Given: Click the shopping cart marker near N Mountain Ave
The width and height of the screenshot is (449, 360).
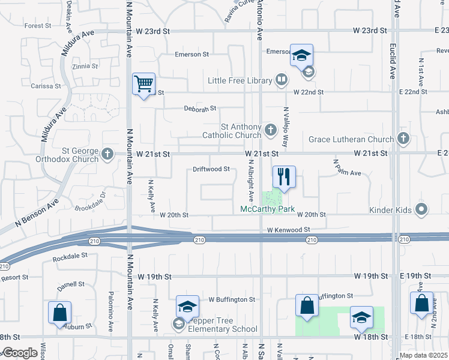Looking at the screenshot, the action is tap(143, 85).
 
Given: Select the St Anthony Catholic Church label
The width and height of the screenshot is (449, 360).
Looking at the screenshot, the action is tap(241, 131).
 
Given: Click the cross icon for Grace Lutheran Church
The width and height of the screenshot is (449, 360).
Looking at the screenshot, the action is tap(403, 139).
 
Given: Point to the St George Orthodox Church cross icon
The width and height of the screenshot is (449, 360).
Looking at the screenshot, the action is tap(107, 154).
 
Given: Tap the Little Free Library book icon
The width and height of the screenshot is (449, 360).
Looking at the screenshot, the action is tap(281, 80).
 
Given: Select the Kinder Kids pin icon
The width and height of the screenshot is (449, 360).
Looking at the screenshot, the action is tap(421, 209).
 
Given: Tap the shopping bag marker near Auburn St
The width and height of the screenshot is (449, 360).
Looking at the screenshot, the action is tap(60, 313).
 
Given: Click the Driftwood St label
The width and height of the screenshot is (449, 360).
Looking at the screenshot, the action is tap(211, 169).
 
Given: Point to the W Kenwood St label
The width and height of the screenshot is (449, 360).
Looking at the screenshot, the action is tap(289, 230).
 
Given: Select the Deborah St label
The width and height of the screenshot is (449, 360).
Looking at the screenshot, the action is tap(200, 109).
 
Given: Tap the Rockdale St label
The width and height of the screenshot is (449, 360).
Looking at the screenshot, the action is tap(70, 256).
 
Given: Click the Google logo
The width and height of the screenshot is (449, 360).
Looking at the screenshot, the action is tap(19, 353).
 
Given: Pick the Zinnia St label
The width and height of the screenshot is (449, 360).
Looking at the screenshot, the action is tap(84, 67).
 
